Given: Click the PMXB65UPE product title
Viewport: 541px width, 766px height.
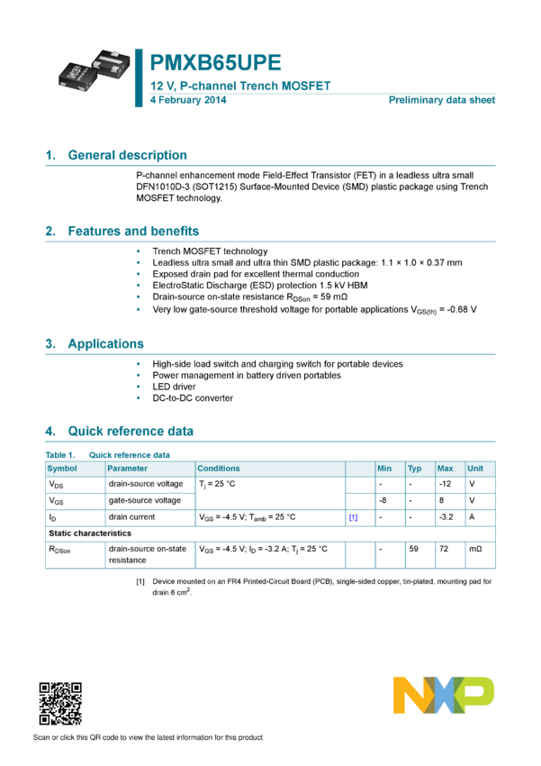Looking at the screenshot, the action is point(216,63).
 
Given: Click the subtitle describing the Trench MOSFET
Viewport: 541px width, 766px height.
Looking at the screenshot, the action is point(240,87).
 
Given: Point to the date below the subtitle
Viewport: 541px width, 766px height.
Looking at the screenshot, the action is point(187,100).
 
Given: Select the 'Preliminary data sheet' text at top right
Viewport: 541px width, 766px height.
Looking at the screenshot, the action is point(442,100).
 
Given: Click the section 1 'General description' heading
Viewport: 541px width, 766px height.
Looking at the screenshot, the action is point(127,155).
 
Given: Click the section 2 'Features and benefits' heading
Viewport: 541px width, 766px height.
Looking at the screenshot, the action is point(133,231).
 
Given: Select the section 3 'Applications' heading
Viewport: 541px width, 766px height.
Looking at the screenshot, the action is point(105,343).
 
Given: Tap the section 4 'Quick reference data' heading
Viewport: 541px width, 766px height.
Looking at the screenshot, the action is point(131,431).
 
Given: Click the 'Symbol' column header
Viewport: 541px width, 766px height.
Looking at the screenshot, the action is point(62,469).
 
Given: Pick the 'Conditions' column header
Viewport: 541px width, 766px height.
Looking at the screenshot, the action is point(219,469).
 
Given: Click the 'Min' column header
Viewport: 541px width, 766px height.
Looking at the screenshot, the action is point(384,469).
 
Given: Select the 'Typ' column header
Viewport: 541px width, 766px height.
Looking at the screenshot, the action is point(414,469).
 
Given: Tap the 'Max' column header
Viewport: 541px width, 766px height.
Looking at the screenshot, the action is point(445,469).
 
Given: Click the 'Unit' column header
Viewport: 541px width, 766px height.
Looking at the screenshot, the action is point(475,469).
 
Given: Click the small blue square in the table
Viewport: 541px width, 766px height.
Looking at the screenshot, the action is point(354,517).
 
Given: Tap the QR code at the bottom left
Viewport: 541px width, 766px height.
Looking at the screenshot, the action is point(60,704).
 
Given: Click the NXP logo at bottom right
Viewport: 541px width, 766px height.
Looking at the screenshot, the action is point(443,695).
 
